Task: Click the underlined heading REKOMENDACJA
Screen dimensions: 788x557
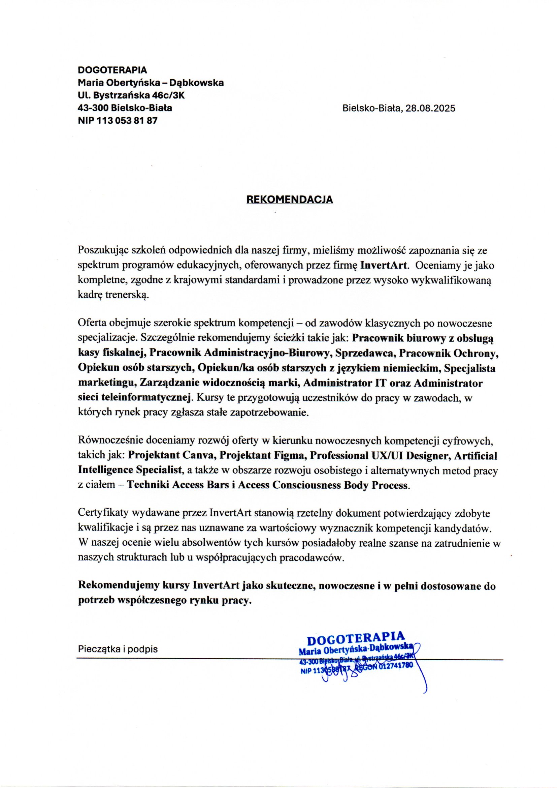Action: coord(290,200)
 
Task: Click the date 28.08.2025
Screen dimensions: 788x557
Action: coord(431,109)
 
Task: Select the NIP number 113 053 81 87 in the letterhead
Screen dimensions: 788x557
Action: coord(128,121)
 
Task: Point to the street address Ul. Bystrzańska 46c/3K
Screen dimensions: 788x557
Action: coord(131,95)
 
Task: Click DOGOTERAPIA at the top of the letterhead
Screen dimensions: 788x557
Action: coord(112,70)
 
